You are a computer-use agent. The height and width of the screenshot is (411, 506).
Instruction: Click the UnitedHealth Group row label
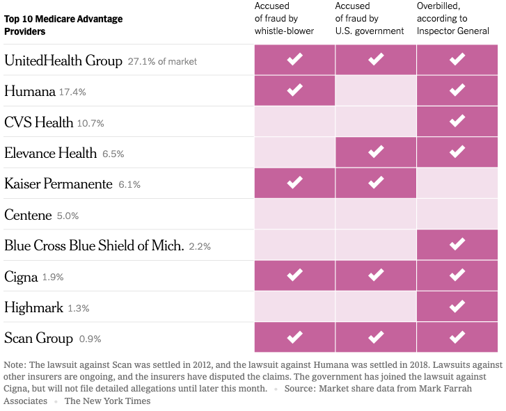[x=63, y=61]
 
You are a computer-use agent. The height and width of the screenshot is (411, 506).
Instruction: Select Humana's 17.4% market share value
[x=73, y=92]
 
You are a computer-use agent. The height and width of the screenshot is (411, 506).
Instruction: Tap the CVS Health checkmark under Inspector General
[x=457, y=121]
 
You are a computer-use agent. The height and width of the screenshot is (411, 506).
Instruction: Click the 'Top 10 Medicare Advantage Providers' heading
[x=63, y=25]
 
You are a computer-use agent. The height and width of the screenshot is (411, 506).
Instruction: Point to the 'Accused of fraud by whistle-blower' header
[x=284, y=19]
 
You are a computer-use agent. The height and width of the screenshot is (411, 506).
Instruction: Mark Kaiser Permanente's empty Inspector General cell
[x=457, y=183]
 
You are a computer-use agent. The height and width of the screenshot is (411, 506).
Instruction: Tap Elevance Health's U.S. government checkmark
[x=376, y=152]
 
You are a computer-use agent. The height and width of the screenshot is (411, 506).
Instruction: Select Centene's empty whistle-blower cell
[x=294, y=214]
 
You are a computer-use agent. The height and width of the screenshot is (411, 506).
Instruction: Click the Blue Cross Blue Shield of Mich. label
[x=94, y=245]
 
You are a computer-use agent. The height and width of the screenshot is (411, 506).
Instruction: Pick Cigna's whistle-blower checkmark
[x=294, y=275]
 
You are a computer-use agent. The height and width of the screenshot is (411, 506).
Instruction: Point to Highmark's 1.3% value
[x=78, y=308]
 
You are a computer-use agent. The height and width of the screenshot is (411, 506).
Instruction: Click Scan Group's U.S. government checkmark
[x=376, y=337]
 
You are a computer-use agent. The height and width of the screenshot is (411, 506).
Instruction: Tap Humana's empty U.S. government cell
[x=376, y=90]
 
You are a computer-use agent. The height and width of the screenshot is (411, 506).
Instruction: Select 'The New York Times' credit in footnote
[x=107, y=401]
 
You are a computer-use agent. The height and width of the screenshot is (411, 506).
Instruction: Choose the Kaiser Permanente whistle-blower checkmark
[x=294, y=183]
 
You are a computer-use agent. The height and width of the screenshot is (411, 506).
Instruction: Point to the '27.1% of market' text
[x=162, y=61]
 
